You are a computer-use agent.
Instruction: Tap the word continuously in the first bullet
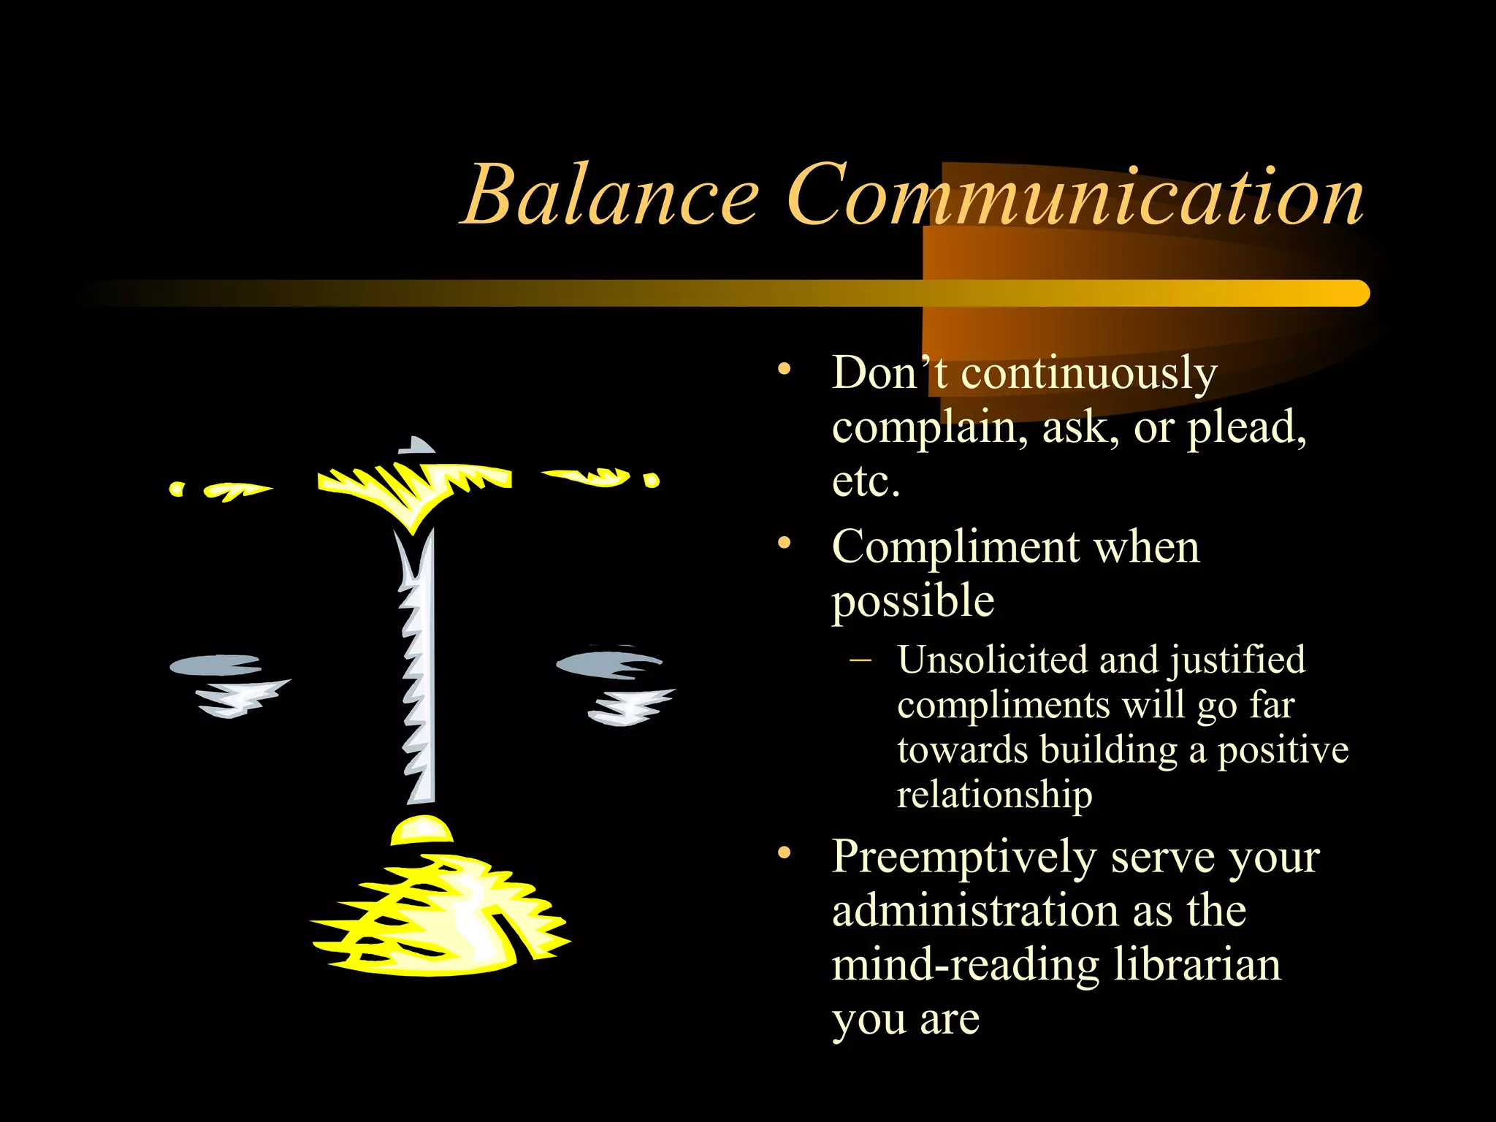click(x=1088, y=374)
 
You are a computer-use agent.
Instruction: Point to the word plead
click(x=1246, y=428)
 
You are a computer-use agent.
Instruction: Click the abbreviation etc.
click(x=866, y=482)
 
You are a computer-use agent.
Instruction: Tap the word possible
click(x=913, y=602)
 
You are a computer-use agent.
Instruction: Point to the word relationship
click(x=994, y=795)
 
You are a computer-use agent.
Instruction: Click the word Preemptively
click(x=963, y=858)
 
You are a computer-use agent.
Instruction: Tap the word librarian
click(x=1197, y=966)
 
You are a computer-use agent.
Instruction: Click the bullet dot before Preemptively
click(x=785, y=852)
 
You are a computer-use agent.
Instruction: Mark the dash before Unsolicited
click(x=861, y=660)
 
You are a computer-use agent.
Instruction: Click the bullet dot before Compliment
click(x=785, y=543)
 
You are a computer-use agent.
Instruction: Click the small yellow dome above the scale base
click(x=421, y=831)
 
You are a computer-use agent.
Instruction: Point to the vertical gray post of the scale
click(x=423, y=665)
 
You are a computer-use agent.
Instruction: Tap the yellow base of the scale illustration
click(x=438, y=920)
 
